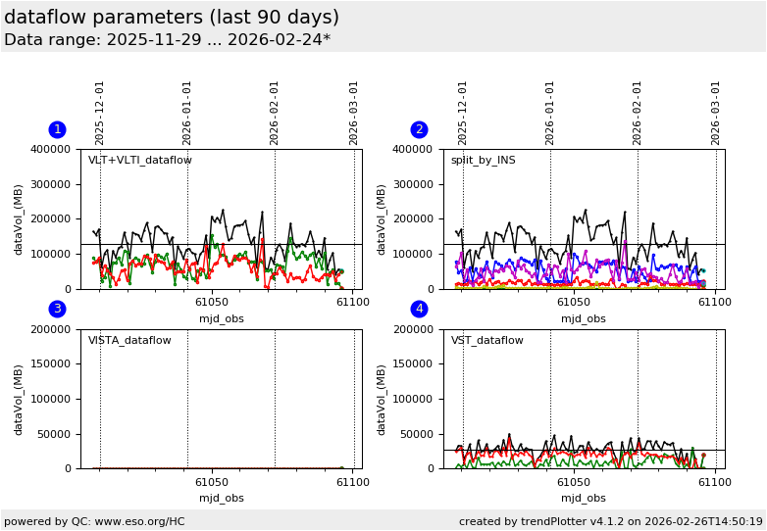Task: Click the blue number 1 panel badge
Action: click(x=57, y=129)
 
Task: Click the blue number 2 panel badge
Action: click(x=419, y=129)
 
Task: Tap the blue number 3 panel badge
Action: click(x=57, y=309)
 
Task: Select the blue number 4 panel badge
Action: click(x=419, y=309)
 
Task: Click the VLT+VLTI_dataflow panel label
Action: click(x=140, y=161)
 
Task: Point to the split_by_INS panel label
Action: click(x=483, y=161)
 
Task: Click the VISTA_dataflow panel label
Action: click(x=129, y=341)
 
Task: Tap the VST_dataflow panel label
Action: click(x=486, y=341)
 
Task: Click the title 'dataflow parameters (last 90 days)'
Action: click(x=172, y=18)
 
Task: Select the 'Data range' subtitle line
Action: click(x=167, y=40)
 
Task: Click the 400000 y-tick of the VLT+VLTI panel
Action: click(x=54, y=150)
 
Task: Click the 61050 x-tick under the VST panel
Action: click(x=574, y=482)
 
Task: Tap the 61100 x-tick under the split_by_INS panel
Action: click(x=714, y=303)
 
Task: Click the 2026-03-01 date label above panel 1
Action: click(x=354, y=113)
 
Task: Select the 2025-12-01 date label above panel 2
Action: click(x=463, y=113)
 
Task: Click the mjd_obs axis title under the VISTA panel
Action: click(x=222, y=498)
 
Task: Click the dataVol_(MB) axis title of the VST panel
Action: click(x=382, y=399)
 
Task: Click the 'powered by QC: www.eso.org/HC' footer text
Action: click(x=94, y=521)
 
